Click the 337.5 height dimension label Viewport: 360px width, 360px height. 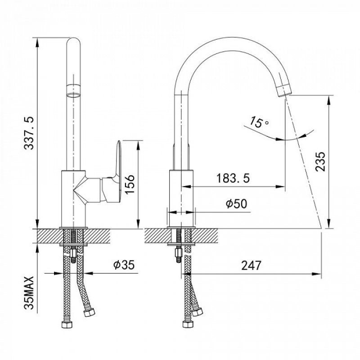29,133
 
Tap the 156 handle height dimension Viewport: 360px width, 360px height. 129,184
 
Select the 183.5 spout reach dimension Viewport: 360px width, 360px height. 233,178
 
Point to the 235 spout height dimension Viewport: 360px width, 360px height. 320,161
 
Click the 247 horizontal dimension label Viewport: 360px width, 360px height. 251,265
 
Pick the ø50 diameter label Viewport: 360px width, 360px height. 237,203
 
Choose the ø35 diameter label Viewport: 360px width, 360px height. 124,265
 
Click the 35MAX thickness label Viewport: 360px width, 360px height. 29,293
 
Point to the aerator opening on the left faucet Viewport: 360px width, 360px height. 73,94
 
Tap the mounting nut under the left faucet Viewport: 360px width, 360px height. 73,253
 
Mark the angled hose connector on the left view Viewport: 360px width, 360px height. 89,312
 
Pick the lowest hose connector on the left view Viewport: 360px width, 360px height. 67,324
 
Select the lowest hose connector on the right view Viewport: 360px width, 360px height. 188,324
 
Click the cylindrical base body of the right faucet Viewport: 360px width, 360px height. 181,198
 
